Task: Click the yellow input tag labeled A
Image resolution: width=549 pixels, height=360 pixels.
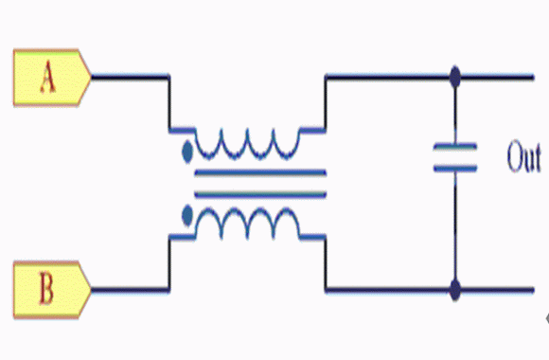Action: coord(52,78)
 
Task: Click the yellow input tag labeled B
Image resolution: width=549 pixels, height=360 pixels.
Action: coord(52,290)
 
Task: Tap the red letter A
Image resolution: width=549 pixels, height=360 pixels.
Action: coord(47,78)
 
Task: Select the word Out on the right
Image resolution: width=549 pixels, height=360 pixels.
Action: coord(523,156)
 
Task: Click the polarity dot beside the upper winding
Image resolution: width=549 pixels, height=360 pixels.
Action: coord(187,152)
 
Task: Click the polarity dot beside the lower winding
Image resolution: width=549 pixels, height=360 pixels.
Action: coord(187,216)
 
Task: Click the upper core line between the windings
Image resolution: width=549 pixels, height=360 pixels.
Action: coord(260,172)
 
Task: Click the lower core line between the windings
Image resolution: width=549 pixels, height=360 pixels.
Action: coord(260,194)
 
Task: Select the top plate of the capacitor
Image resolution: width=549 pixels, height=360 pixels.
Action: coord(455,147)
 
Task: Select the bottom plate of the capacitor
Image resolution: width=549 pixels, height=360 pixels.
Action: coord(455,169)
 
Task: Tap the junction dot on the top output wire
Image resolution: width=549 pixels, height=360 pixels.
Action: coord(455,77)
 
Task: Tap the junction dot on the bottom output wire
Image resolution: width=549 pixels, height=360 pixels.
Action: coord(455,290)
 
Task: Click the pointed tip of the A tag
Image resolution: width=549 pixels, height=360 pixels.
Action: coord(91,77)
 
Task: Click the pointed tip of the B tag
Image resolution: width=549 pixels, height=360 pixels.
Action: coord(91,290)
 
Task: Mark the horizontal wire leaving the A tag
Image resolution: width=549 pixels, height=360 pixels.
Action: coord(131,77)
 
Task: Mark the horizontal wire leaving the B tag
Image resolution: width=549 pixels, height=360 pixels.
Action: coord(131,290)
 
